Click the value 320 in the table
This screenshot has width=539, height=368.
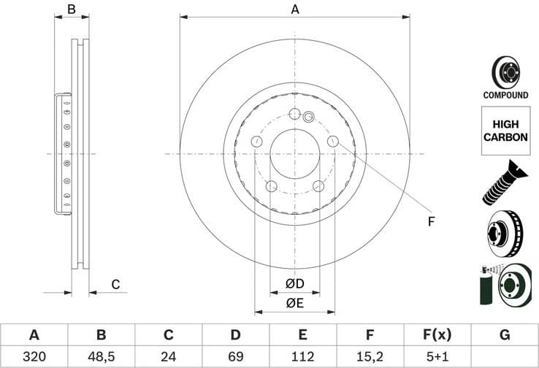click(x=34, y=357)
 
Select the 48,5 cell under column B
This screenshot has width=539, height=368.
click(x=101, y=357)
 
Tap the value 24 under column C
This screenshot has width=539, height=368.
click(x=168, y=357)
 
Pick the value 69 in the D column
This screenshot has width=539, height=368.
click(x=235, y=357)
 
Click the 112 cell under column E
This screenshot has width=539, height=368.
click(x=302, y=357)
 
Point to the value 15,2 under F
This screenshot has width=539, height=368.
click(x=370, y=357)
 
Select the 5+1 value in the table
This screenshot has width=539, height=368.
click(x=437, y=357)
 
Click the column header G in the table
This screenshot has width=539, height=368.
click(x=504, y=335)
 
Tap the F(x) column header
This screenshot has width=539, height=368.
click(x=437, y=335)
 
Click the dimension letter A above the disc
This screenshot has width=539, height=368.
click(x=295, y=9)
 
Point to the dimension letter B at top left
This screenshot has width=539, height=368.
click(x=72, y=9)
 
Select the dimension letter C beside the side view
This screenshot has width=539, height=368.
click(x=115, y=284)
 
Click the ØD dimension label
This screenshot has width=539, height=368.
click(x=294, y=283)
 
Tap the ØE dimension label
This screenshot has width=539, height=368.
click(x=294, y=302)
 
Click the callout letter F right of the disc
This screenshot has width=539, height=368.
click(x=431, y=221)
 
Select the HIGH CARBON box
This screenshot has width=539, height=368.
click(x=505, y=131)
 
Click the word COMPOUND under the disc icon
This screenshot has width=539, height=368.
click(x=505, y=95)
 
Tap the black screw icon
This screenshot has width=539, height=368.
click(x=505, y=182)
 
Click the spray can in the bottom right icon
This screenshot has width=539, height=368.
click(x=485, y=288)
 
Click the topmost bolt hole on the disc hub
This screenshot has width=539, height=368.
click(x=295, y=114)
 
